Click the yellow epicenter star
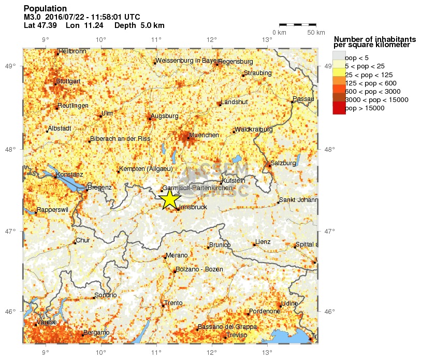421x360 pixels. click(169, 199)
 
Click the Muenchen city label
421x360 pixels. click(204, 135)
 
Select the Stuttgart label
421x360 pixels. click(68, 81)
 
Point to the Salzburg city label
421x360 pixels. click(283, 163)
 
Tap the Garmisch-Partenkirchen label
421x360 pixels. click(197, 188)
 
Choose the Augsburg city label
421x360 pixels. click(164, 116)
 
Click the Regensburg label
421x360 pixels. click(236, 62)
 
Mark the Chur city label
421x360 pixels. click(83, 240)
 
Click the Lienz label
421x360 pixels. click(263, 242)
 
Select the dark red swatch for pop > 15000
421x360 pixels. click(339, 108)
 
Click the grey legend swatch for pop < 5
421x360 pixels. click(339, 56)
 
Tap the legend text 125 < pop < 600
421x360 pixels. click(370, 83)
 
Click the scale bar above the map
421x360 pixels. click(297, 24)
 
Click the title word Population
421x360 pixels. click(45, 9)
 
